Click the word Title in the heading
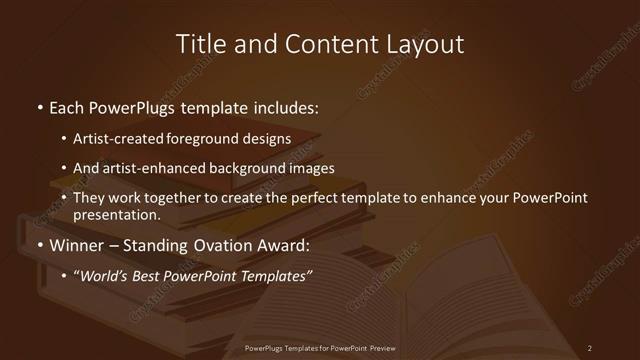pyautogui.click(x=199, y=44)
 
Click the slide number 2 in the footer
pyautogui.click(x=590, y=347)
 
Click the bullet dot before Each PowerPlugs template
pyautogui.click(x=38, y=106)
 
